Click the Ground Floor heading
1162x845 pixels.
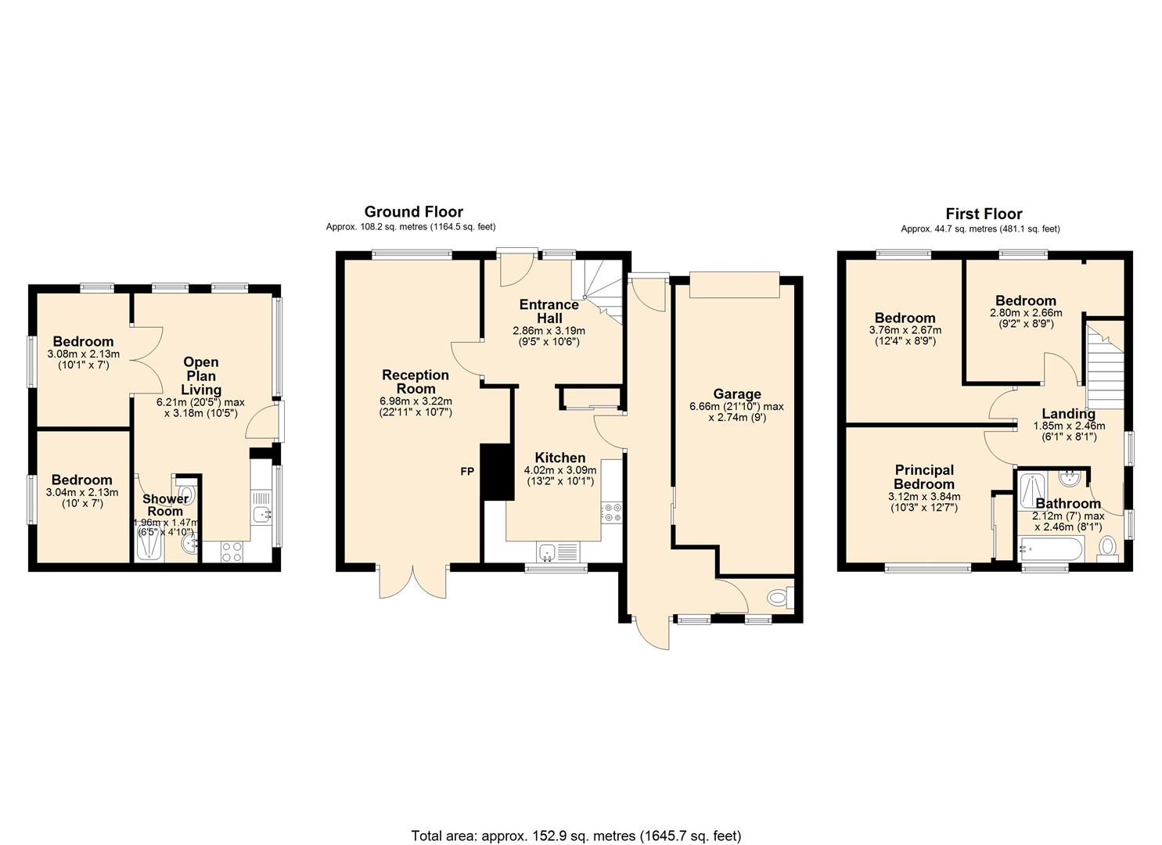413,211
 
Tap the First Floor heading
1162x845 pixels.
984,214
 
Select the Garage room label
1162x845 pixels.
736,394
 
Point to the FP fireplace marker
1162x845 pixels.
467,472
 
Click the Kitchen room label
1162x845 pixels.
559,458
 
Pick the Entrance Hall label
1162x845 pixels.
549,311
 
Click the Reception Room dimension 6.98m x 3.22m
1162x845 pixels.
416,401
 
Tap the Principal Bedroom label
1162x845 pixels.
924,477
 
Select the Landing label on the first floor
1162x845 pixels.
1069,414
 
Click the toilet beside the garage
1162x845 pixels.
779,598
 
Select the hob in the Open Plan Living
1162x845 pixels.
232,552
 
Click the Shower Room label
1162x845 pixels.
165,505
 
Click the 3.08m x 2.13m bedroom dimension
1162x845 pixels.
83,354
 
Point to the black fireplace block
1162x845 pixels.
496,472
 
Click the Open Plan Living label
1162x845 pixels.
201,376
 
